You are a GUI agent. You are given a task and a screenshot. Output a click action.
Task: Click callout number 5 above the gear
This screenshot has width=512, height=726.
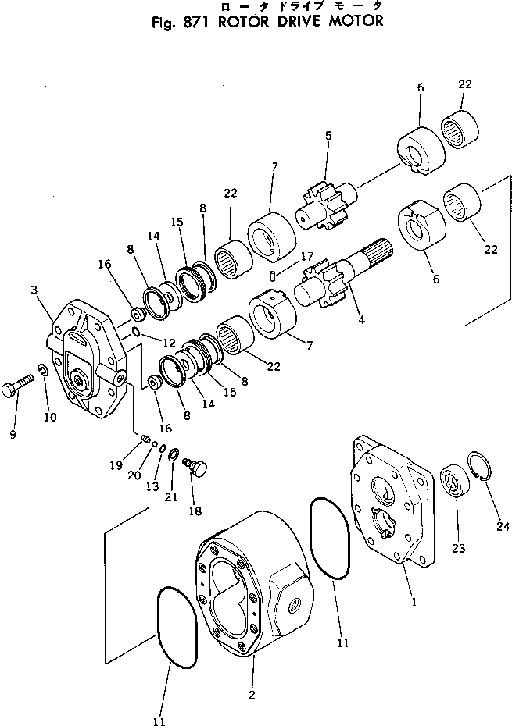(x=328, y=136)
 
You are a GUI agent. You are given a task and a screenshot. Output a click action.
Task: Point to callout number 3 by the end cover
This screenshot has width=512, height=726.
(x=34, y=290)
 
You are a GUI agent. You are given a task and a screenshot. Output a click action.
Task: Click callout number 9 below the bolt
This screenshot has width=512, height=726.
(x=13, y=435)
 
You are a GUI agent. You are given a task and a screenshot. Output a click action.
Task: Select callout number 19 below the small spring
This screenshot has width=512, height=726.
(x=116, y=466)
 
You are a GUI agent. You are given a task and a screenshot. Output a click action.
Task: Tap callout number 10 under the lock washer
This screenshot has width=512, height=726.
(x=50, y=418)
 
